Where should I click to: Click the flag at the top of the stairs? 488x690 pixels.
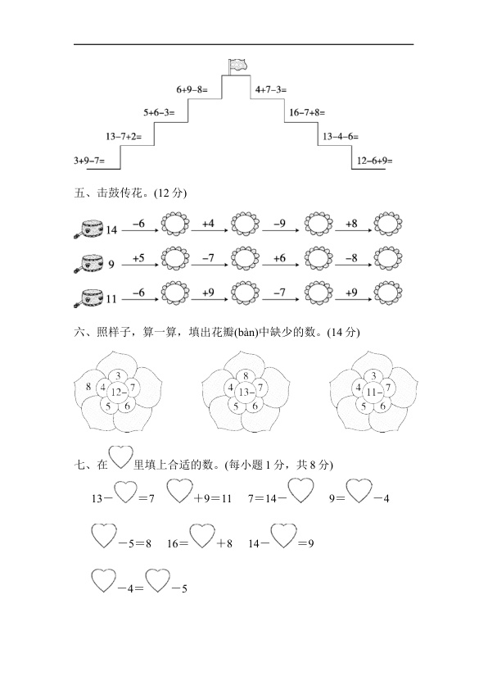[x=237, y=66]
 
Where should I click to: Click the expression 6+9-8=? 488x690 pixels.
[x=192, y=89]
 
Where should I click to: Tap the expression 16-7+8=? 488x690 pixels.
[x=307, y=112]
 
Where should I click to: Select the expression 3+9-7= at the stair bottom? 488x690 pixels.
[x=89, y=160]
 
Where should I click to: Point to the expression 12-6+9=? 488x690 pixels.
[x=374, y=160]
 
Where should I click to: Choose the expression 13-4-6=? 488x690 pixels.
[x=341, y=136]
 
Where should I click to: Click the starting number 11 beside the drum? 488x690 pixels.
[x=111, y=299]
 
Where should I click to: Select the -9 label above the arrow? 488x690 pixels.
[x=279, y=224]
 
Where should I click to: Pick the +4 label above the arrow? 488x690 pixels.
[x=208, y=224]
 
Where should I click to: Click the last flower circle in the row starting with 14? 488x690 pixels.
[x=388, y=224]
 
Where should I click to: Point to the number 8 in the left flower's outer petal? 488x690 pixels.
[x=88, y=387]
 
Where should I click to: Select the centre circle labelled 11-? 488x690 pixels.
[x=373, y=392]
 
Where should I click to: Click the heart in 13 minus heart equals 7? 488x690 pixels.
[x=126, y=493]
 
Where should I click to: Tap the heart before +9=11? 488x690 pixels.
[x=180, y=491]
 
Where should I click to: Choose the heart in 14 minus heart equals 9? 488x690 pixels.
[x=283, y=536]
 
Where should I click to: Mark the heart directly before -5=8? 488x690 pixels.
[x=104, y=536]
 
